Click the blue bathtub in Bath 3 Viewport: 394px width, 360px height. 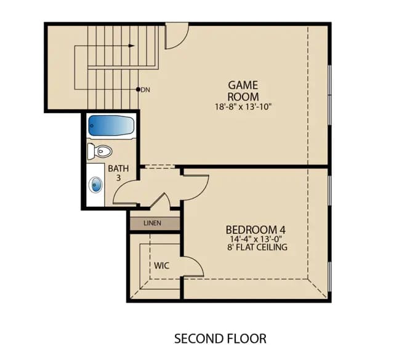point(111,126)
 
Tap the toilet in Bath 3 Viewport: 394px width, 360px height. point(100,151)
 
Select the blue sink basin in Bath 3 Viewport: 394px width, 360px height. point(95,185)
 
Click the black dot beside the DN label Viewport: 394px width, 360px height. point(138,89)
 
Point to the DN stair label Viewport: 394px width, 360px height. point(145,90)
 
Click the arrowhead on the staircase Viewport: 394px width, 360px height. point(131,46)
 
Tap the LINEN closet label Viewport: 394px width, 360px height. point(152,223)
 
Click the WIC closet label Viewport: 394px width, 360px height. point(161,266)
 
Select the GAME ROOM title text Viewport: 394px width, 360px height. point(243,91)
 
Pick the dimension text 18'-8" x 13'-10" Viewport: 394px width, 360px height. point(244,107)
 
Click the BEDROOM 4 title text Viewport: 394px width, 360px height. point(255,230)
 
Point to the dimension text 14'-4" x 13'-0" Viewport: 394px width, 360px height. point(256,239)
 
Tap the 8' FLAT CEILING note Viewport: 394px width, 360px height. point(257,247)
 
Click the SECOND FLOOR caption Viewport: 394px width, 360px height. point(220,338)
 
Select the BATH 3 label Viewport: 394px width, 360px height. point(118,173)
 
